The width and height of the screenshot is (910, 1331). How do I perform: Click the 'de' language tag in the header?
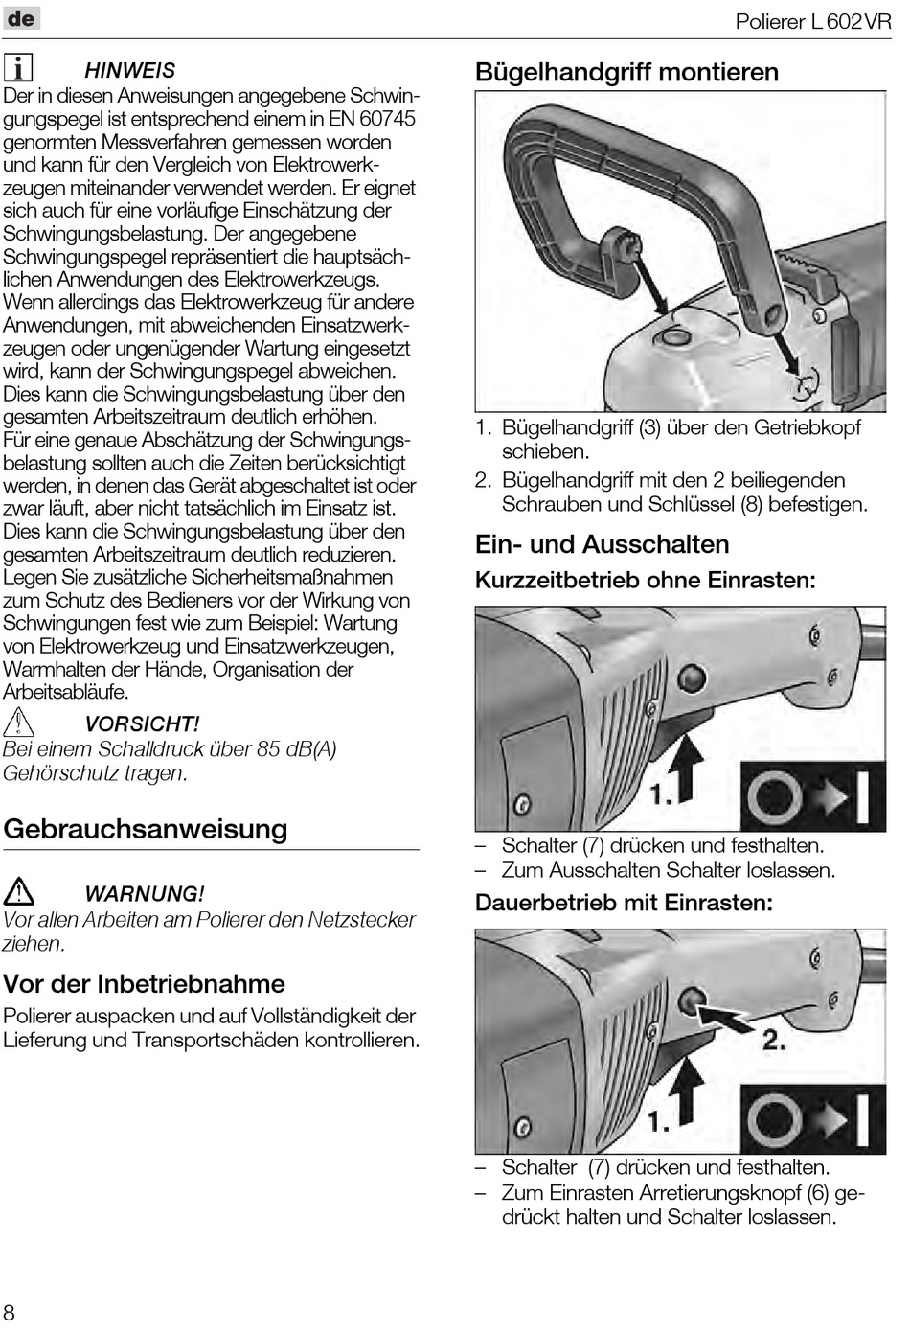[21, 18]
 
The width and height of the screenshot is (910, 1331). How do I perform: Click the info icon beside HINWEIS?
[18, 68]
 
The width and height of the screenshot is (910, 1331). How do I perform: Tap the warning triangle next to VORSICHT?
[18, 723]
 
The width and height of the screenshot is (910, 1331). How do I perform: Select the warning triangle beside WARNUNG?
[18, 892]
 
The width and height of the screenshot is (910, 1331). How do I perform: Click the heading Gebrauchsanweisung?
[146, 829]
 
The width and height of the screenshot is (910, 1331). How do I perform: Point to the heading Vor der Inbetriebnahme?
[144, 983]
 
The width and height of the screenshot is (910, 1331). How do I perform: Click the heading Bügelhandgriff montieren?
[626, 72]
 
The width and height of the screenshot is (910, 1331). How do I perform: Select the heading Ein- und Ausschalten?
[602, 544]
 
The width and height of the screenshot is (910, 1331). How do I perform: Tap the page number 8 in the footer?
[10, 1312]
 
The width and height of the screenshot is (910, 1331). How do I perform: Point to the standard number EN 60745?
[371, 119]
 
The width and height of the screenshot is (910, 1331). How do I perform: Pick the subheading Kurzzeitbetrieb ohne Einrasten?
[645, 580]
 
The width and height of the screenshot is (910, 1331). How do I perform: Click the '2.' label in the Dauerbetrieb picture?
[774, 1040]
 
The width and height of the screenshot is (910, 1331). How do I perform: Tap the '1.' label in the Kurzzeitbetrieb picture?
[660, 793]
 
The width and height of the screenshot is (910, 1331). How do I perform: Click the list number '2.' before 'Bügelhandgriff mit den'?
[484, 480]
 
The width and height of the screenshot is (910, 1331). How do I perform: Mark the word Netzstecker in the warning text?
[361, 920]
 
